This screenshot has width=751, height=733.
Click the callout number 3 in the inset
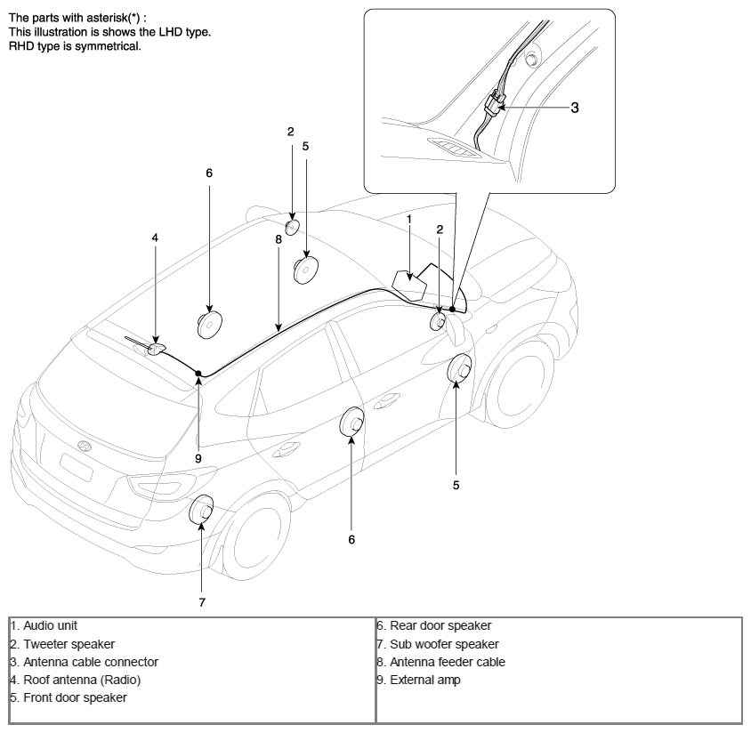(x=575, y=108)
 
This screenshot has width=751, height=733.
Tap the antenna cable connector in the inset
(x=494, y=103)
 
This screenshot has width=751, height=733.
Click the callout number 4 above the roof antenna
(x=155, y=238)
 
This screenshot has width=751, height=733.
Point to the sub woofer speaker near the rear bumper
(x=202, y=510)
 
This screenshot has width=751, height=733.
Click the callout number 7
(x=202, y=602)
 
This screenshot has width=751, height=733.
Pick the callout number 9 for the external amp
(x=198, y=459)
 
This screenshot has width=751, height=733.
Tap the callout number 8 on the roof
(x=279, y=239)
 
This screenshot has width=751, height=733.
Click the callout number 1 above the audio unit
(x=409, y=220)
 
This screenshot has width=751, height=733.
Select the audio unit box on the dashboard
(x=409, y=286)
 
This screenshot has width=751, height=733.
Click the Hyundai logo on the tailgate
(x=84, y=446)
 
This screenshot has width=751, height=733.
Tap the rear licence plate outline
(x=77, y=467)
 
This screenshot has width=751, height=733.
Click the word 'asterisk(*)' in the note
(x=113, y=18)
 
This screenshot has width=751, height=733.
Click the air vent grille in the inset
(x=453, y=148)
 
